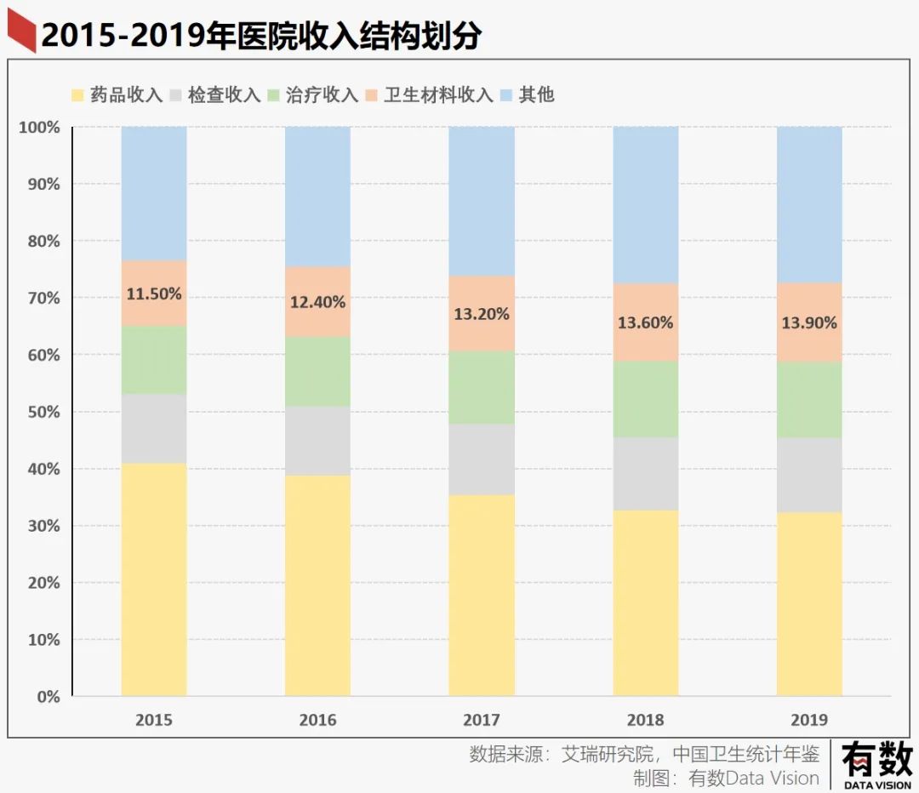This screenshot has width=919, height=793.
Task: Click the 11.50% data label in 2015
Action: [154, 294]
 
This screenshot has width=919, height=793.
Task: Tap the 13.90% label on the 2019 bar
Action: [809, 323]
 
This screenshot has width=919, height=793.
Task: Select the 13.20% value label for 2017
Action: [482, 314]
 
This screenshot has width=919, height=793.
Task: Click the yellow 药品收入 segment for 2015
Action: [154, 579]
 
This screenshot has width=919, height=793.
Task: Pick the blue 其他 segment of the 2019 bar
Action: [809, 204]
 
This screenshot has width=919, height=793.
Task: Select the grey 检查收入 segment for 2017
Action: [482, 459]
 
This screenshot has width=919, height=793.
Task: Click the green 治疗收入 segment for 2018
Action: [646, 399]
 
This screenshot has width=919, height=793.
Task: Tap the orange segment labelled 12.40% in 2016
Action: [317, 301]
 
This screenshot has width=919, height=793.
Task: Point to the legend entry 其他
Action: [536, 94]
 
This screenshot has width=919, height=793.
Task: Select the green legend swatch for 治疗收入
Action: [274, 94]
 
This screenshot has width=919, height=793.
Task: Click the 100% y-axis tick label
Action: [39, 128]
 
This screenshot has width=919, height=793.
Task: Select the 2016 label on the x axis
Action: [317, 721]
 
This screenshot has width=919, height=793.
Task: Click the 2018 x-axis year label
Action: [646, 721]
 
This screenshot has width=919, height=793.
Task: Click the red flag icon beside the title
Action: [21, 34]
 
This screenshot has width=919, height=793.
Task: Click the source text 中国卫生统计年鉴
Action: [746, 754]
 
